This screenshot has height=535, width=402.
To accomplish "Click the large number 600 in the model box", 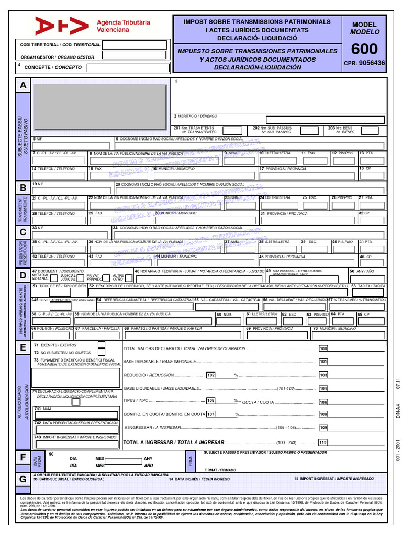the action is [x=364, y=49].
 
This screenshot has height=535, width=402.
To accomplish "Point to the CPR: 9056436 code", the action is [x=364, y=63].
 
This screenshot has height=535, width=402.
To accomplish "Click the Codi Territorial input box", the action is [x=135, y=45].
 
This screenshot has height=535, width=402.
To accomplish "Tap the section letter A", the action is [x=23, y=85].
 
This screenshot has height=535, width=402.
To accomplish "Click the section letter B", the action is [x=23, y=188].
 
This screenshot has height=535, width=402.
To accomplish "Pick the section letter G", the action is [x=23, y=479].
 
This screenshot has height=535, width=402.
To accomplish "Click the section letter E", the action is [x=23, y=348].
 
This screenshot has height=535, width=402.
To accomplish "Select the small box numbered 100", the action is [x=323, y=348].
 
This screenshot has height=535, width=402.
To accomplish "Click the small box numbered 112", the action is [x=323, y=443].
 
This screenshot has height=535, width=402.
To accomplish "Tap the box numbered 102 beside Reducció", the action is [x=211, y=375].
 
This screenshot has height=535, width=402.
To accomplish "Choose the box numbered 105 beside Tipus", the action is [x=211, y=401].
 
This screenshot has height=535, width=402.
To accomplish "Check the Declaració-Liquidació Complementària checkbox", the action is [x=76, y=402].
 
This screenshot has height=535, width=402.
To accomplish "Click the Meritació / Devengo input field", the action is [x=325, y=120].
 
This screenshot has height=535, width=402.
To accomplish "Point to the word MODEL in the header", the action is [x=364, y=25].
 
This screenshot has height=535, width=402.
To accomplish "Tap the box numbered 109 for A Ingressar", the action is [x=323, y=428].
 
